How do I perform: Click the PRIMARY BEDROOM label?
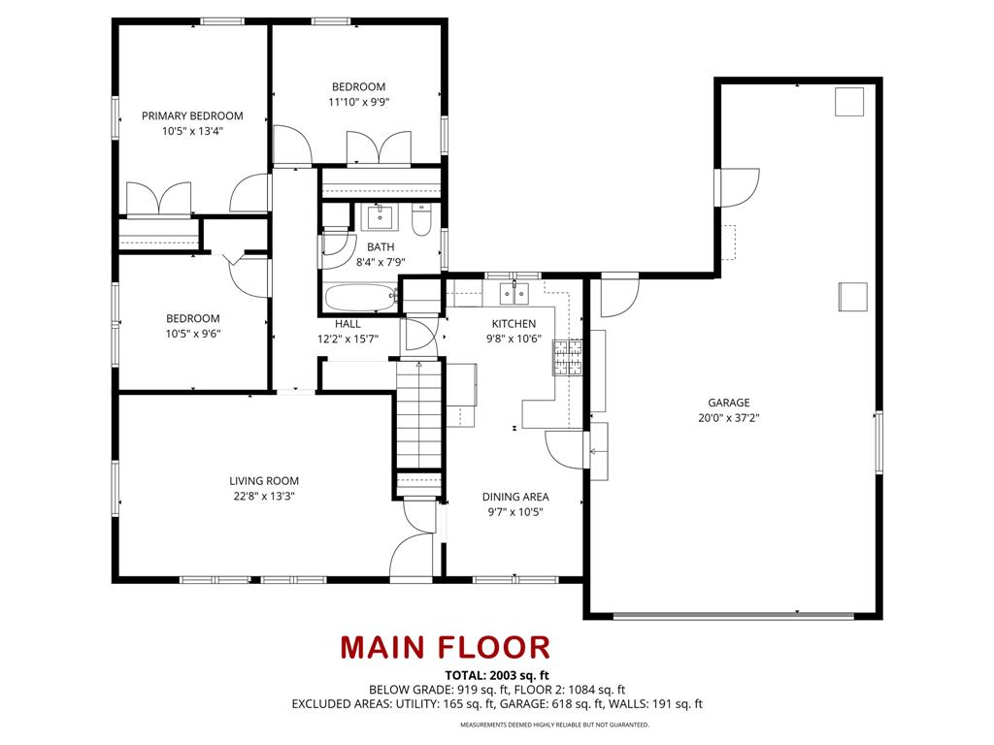coord(192,115)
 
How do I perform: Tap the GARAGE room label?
coord(728,403)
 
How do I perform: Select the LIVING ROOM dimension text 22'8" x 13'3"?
coord(263,496)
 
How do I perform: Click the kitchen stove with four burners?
coord(568,357)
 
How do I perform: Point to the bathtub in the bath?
coord(359,297)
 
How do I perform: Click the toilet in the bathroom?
coord(421,221)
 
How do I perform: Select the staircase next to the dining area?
coord(418,417)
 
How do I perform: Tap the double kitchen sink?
coord(514,292)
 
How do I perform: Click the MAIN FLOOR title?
coord(445,647)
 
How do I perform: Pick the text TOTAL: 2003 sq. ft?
coord(497,675)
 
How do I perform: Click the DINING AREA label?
coord(515,497)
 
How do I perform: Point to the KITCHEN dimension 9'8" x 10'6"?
coord(513,340)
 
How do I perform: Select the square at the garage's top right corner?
coord(848,102)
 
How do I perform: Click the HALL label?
coord(348,324)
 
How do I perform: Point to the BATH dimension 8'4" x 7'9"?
coord(381,262)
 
